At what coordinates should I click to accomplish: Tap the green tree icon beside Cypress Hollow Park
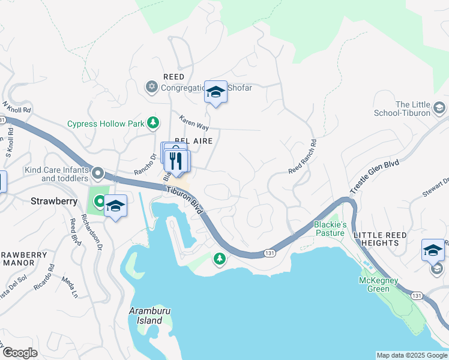click(154, 123)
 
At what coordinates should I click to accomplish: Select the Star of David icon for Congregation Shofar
click(151, 88)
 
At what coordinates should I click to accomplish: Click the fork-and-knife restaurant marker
click(176, 161)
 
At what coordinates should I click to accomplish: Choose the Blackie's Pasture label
click(330, 229)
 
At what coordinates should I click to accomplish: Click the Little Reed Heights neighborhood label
click(384, 238)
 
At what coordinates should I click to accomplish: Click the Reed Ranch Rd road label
click(302, 158)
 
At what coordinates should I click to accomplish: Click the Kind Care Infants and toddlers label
click(56, 174)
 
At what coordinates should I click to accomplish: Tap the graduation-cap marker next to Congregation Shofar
click(215, 92)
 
